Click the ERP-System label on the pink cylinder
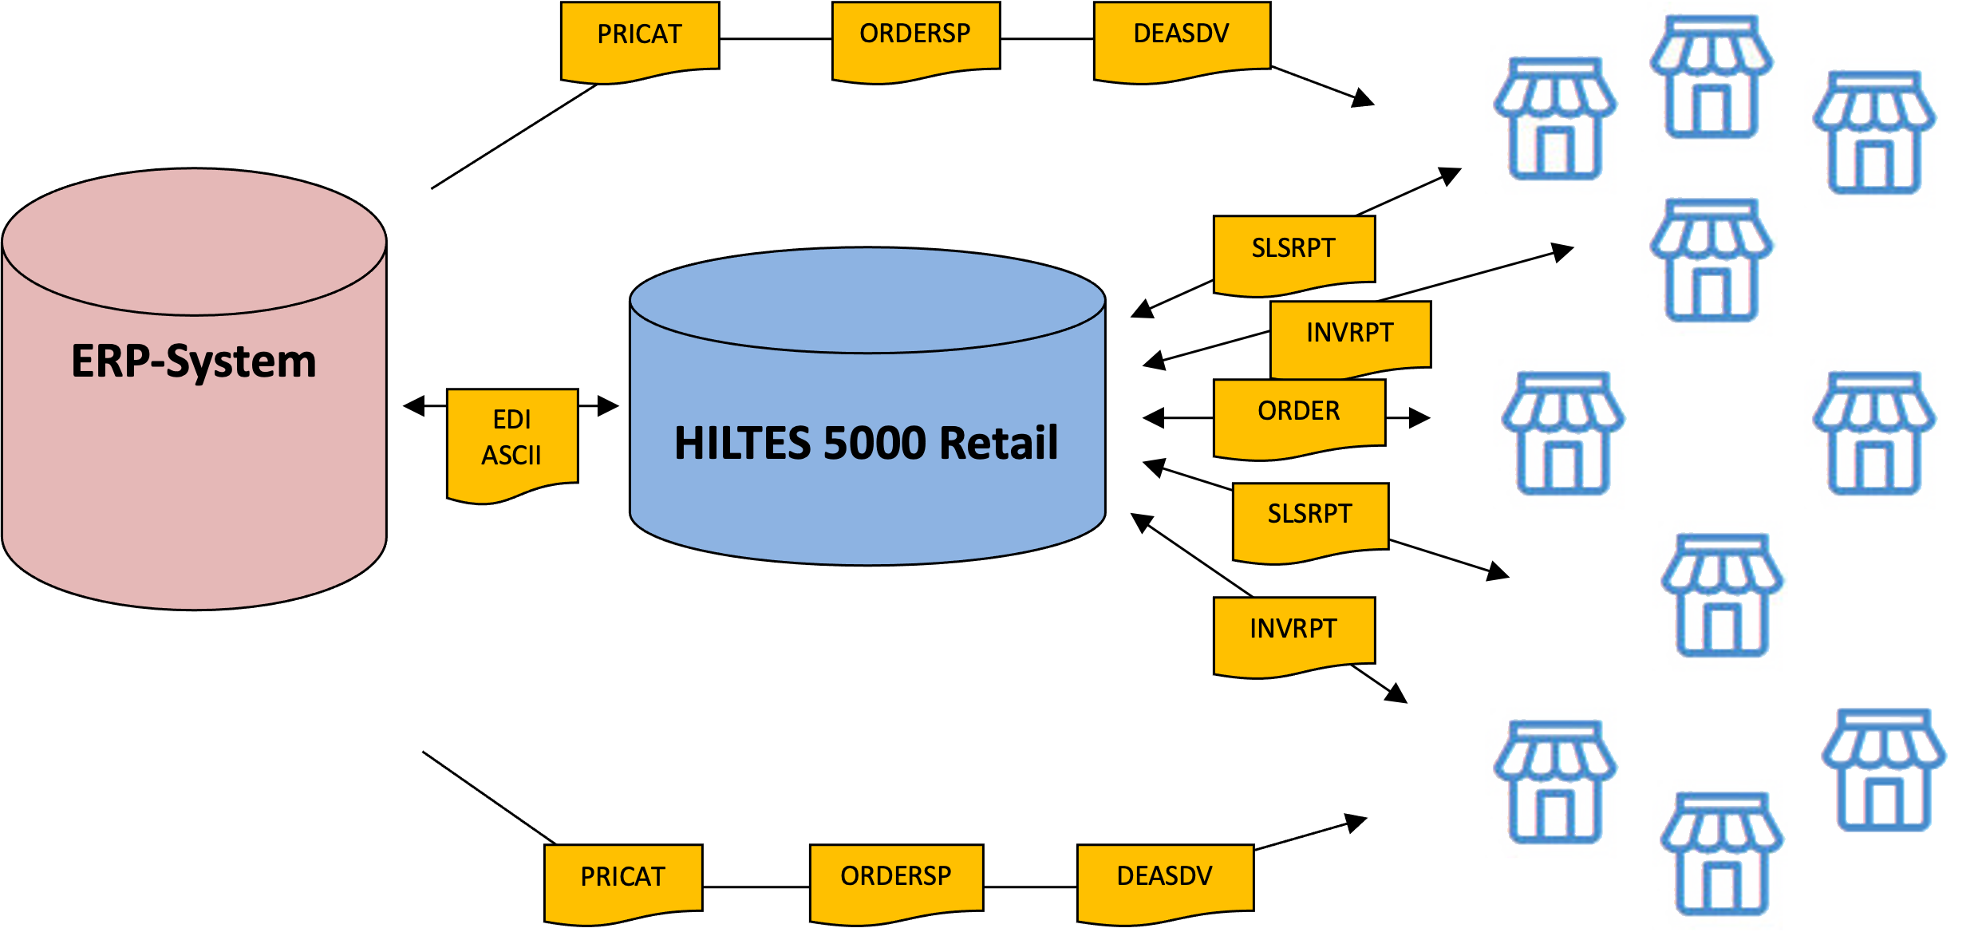click(x=194, y=361)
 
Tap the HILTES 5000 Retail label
click(x=866, y=444)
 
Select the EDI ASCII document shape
click(x=511, y=439)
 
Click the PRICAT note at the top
click(x=639, y=36)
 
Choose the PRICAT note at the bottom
click(x=622, y=878)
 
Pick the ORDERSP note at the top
click(x=914, y=35)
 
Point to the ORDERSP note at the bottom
click(x=895, y=877)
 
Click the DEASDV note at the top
click(x=1181, y=35)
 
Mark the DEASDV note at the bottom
click(x=1164, y=877)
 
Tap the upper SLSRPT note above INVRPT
click(x=1293, y=249)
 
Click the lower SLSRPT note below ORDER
click(x=1309, y=515)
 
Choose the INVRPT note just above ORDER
click(x=1349, y=334)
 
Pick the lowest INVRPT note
click(x=1293, y=630)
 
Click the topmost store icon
click(x=1709, y=77)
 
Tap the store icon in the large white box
click(x=1884, y=768)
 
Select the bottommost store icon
click(x=1719, y=854)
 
